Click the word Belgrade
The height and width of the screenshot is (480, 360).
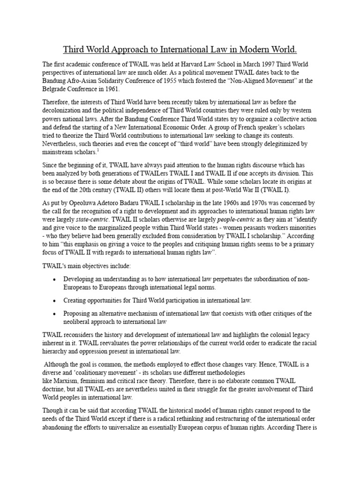pyautogui.click(x=57, y=89)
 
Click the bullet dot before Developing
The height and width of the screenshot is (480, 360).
pyautogui.click(x=55, y=279)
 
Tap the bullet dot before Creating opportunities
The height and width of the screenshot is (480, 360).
pyautogui.click(x=55, y=300)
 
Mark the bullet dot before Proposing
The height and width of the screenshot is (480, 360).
pyautogui.click(x=55, y=313)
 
